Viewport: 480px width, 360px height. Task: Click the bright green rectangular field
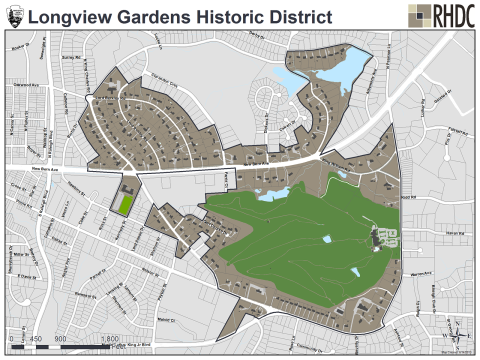[x=125, y=204]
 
